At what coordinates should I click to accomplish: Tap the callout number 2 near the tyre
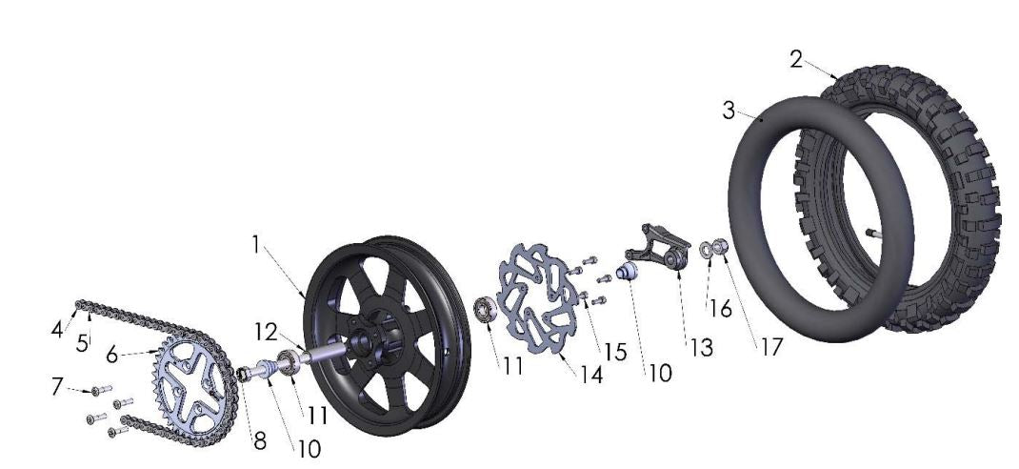796,59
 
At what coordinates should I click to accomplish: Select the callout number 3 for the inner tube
729,111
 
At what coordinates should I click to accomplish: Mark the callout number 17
769,347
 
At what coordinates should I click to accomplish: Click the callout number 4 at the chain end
56,331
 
